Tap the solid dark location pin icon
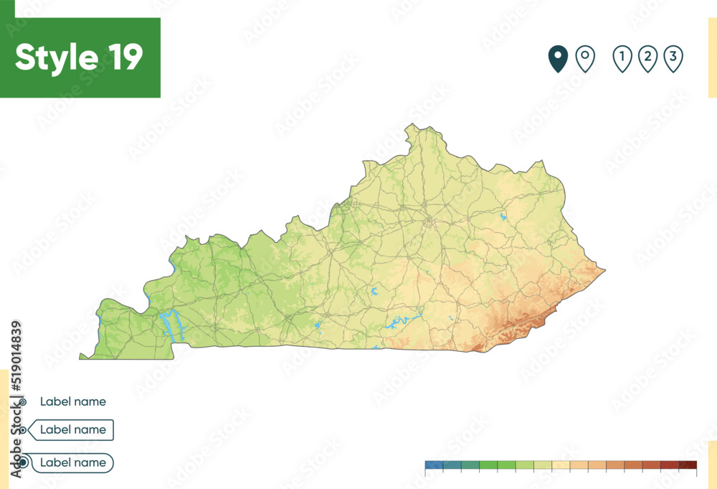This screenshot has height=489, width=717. point(558,59)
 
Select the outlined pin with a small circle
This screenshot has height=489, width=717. point(586,59)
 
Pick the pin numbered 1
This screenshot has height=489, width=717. point(622,59)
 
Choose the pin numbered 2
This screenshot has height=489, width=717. point(647,59)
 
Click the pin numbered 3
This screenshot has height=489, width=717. point(673,59)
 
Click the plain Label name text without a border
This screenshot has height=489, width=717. point(72,401)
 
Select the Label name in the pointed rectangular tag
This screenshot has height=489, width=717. point(72,429)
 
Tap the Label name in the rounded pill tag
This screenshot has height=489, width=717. point(72,462)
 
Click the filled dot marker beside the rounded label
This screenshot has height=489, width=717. point(23,462)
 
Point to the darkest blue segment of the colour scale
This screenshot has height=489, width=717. point(434,465)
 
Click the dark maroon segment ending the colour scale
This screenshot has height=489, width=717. point(688,465)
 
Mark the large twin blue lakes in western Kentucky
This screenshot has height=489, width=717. point(172,325)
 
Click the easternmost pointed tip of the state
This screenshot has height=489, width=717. point(604,271)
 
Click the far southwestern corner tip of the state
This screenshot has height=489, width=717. point(81,358)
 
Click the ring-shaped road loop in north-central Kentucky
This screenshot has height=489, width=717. point(429,223)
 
